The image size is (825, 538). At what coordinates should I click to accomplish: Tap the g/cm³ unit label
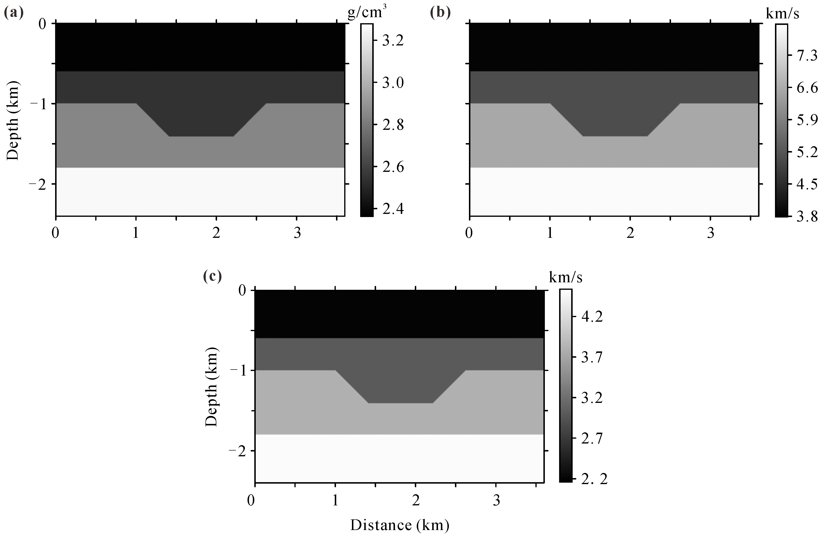click(x=367, y=14)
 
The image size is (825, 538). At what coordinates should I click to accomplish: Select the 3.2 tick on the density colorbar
click(x=393, y=41)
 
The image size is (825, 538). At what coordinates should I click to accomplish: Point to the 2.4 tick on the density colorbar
click(x=393, y=209)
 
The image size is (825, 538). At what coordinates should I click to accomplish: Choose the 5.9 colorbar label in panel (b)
click(x=807, y=120)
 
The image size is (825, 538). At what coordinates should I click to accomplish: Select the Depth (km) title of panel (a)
click(x=13, y=121)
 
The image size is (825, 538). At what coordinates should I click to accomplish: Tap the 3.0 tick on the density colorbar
click(x=393, y=83)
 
